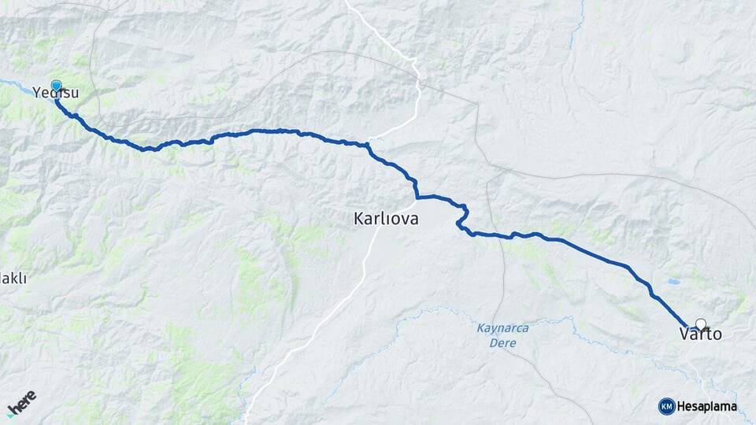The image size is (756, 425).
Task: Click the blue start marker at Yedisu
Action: [x=56, y=87]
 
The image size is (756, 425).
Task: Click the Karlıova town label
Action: [x=386, y=220]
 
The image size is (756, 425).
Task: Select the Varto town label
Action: [x=700, y=334]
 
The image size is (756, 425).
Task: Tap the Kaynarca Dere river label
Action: [x=503, y=334]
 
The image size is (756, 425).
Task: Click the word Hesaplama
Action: [x=706, y=406]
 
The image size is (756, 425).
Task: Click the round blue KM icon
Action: [x=666, y=406]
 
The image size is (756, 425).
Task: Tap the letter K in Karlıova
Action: [x=359, y=220]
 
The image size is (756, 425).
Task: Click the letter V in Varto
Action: [x=684, y=334]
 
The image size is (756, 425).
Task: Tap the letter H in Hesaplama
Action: [x=682, y=406]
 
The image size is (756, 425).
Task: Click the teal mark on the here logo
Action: [x=11, y=412]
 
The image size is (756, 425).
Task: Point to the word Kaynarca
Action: [x=503, y=327]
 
